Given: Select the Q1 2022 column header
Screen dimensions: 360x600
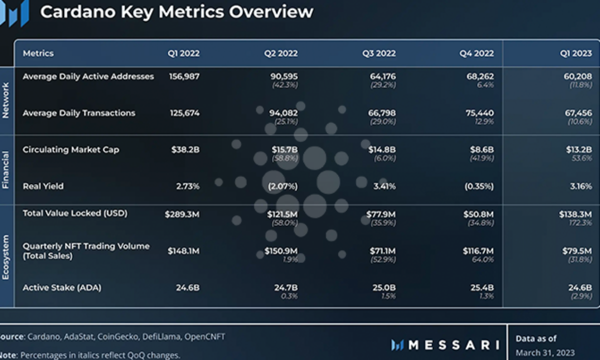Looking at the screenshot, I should [183, 53].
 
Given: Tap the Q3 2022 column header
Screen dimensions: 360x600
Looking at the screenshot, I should [379, 53].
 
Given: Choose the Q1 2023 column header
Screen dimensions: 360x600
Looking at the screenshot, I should [575, 53].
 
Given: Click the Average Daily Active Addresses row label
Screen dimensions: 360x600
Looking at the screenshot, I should [88, 76].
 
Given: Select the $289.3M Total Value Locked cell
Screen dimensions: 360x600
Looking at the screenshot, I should [182, 214].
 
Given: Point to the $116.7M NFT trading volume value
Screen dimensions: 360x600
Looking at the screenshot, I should [478, 250].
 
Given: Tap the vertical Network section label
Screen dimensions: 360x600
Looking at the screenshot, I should [6, 100].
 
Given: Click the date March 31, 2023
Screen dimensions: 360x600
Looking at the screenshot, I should [545, 352].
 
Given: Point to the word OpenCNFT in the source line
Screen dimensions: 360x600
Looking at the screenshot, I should [205, 337].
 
